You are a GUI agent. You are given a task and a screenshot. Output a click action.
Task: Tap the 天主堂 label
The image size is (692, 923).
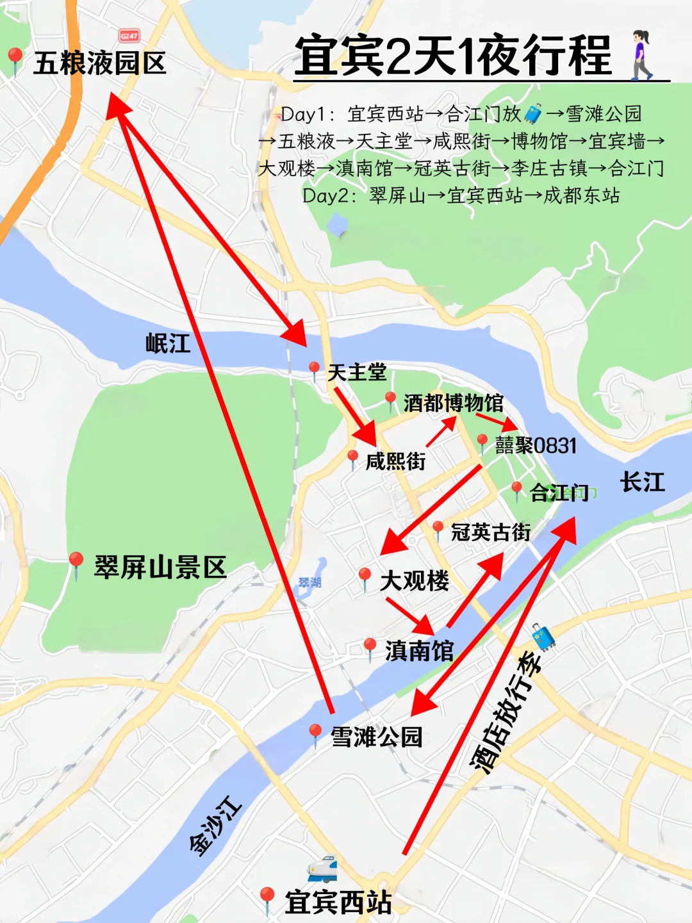point(357,372)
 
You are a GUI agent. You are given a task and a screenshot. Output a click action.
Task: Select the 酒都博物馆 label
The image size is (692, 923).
point(453,403)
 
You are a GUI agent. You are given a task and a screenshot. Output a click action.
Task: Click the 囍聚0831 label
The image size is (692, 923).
point(536,445)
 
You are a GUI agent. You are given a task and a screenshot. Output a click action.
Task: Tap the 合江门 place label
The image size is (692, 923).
point(559,493)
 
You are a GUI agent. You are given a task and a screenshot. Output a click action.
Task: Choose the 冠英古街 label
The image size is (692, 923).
point(490,532)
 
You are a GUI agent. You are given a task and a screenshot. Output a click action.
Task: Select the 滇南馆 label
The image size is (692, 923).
point(419,651)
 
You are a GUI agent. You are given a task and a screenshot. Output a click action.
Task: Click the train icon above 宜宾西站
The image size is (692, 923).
point(322,868)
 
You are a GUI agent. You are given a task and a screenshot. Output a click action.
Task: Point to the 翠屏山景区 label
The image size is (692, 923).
point(160,568)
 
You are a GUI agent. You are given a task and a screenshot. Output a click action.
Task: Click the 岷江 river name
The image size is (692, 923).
point(168,343)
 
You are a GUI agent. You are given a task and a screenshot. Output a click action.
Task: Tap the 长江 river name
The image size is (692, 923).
point(642,482)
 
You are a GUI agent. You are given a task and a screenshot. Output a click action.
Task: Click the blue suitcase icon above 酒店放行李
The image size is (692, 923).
point(543,637)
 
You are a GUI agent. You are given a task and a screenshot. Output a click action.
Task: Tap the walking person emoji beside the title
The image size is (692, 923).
point(641,55)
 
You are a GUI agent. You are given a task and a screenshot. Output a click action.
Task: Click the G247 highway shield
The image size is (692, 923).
point(129,36)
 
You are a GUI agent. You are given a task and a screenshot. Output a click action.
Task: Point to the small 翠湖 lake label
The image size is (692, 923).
point(310,582)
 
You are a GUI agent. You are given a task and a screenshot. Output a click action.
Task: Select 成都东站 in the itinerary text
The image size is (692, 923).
point(581,195)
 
